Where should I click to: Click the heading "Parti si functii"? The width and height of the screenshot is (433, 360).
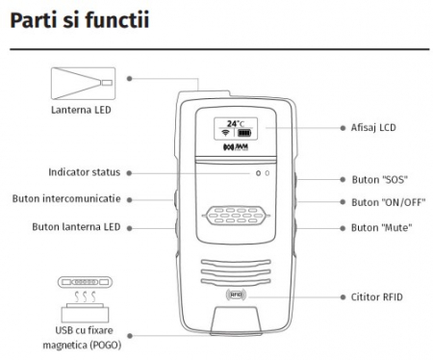click(80, 20)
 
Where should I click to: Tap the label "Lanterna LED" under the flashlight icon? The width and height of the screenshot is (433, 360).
click(81, 110)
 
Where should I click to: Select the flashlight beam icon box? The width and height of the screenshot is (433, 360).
click(83, 84)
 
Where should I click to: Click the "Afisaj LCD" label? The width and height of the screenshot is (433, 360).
click(373, 128)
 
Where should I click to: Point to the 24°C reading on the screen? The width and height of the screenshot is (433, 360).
click(236, 123)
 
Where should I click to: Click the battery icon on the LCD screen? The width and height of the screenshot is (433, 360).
click(244, 133)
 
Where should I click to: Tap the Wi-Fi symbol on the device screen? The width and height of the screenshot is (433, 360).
click(225, 133)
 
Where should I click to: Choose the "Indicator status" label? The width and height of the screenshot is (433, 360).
click(85, 172)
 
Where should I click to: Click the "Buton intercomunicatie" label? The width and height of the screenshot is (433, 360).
click(66, 198)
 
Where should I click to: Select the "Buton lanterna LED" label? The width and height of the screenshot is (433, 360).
click(76, 227)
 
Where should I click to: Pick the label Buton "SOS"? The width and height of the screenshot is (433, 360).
click(380, 180)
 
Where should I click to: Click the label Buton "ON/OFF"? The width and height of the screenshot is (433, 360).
click(389, 202)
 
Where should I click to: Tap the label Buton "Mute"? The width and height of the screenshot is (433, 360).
click(382, 228)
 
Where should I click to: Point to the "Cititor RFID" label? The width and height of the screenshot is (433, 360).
click(377, 297)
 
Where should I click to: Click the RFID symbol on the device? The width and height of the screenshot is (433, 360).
click(236, 295)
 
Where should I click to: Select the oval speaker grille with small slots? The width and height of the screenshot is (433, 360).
click(236, 216)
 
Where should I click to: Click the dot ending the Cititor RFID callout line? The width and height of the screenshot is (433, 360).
click(343, 297)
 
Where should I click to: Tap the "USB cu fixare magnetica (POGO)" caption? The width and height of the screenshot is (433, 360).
click(82, 338)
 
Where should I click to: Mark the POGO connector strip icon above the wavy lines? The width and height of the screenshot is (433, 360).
click(85, 282)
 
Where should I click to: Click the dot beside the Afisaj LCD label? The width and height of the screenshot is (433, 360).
click(343, 128)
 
